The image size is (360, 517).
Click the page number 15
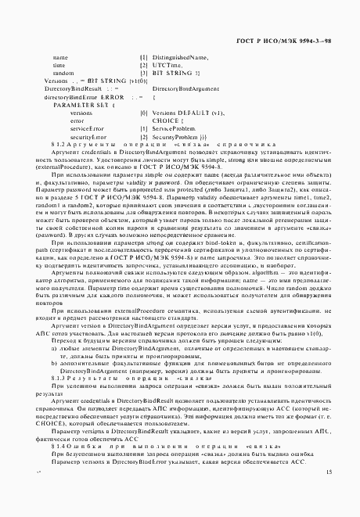[330, 494]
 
